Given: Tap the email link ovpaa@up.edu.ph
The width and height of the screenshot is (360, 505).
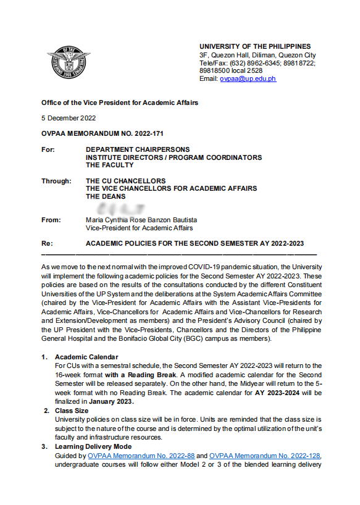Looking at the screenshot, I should click(x=248, y=79).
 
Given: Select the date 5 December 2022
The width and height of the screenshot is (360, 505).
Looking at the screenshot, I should click(x=69, y=118).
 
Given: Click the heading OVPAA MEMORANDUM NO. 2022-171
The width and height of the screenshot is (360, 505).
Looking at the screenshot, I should click(x=102, y=133).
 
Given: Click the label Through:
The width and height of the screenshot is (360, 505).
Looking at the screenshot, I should click(x=56, y=181).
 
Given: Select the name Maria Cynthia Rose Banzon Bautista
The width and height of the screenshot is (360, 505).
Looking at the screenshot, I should click(x=141, y=220).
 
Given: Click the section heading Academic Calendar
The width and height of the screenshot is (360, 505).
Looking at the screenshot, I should click(x=86, y=357).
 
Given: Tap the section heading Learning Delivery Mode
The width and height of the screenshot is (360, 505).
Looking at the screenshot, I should click(x=93, y=446).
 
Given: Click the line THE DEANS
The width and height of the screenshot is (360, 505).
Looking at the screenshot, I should click(x=106, y=197).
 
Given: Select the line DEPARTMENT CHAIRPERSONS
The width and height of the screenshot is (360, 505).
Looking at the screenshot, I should click(x=138, y=149).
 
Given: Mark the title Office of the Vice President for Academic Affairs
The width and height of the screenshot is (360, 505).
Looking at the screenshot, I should click(x=120, y=102).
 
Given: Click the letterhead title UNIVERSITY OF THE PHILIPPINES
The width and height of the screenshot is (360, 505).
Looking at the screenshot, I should click(x=255, y=47).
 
